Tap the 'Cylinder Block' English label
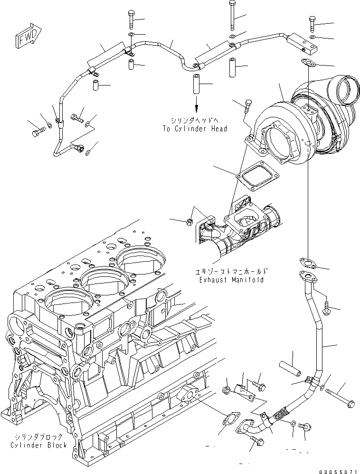(38, 445)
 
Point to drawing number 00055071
(337, 468)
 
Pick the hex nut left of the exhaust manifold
(189, 221)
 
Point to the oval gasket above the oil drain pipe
(305, 261)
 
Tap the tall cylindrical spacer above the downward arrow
(195, 85)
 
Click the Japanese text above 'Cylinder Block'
(38, 436)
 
